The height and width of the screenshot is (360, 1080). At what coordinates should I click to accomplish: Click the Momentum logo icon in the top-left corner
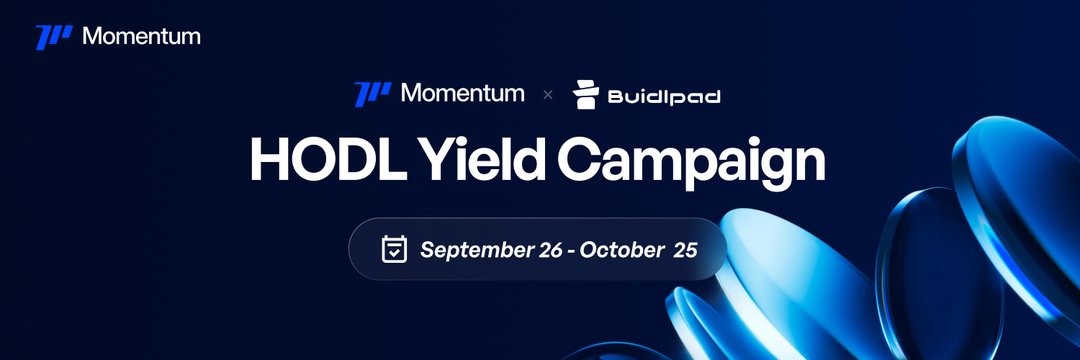(x=53, y=37)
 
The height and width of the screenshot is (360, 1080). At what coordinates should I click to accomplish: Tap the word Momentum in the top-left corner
(x=141, y=36)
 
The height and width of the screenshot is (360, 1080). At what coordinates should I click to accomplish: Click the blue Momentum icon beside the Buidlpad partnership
(x=372, y=94)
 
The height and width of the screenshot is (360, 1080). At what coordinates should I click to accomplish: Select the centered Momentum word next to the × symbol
(x=462, y=94)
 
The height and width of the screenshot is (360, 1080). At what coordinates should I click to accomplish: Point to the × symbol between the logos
(x=547, y=95)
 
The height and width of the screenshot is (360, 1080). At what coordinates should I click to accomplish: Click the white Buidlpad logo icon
(x=586, y=94)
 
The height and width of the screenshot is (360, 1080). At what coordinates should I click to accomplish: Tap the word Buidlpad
(x=663, y=97)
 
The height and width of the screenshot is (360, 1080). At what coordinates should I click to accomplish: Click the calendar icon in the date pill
(x=395, y=249)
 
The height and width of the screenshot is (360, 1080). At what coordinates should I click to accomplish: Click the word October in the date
(x=619, y=249)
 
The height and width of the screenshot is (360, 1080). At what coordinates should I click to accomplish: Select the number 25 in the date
(x=685, y=249)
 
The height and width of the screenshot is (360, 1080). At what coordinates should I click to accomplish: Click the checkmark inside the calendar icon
(x=395, y=252)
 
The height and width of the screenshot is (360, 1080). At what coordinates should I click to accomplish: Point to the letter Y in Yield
(x=417, y=160)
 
